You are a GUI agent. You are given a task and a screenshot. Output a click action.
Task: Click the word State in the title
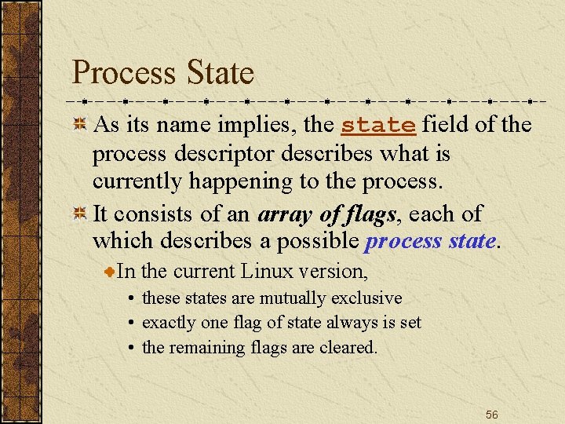(221, 73)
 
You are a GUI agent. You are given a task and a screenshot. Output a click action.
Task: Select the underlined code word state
(378, 125)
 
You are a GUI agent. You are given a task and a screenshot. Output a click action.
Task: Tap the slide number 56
(491, 414)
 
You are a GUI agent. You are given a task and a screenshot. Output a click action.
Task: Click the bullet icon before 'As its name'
(79, 124)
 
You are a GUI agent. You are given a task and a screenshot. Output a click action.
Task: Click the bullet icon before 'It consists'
(79, 214)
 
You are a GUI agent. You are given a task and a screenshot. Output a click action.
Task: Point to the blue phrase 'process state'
(430, 241)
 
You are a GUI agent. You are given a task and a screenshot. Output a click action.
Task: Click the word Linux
(267, 272)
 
